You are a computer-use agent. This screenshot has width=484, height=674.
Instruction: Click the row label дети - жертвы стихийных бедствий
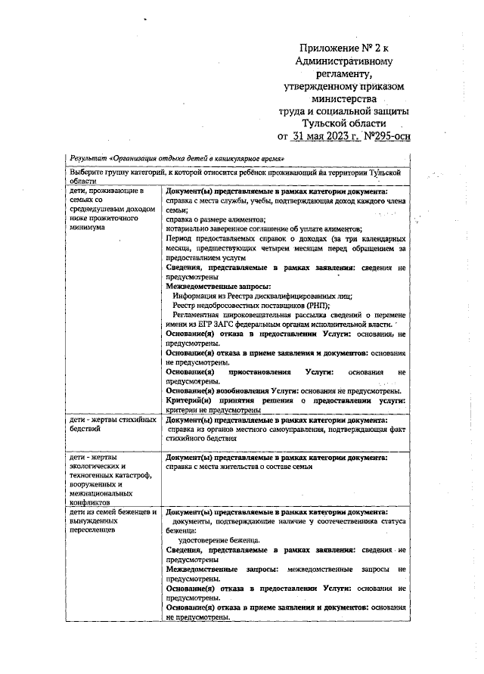pyautogui.click(x=113, y=424)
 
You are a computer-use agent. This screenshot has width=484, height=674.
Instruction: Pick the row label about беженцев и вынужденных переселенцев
pyautogui.click(x=113, y=521)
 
